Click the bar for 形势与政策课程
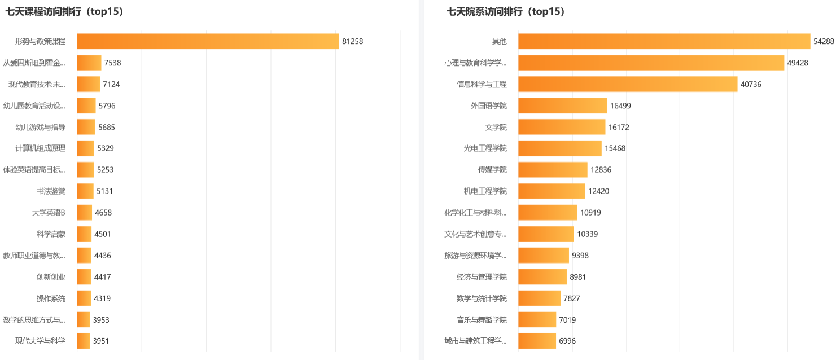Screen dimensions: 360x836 (208, 41)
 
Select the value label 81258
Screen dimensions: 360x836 (352, 41)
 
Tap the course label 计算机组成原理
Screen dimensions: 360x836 (40, 148)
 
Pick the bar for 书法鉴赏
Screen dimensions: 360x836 (85, 191)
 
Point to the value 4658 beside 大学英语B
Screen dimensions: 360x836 (103, 213)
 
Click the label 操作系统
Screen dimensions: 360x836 (51, 298)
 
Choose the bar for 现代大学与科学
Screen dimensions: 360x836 (84, 341)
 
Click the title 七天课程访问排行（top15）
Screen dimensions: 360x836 (64, 11)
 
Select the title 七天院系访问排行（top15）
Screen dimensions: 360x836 (506, 11)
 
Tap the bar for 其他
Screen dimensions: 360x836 (664, 41)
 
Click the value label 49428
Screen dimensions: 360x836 (798, 63)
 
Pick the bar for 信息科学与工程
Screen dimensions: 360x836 (628, 84)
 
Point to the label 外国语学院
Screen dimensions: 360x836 (489, 106)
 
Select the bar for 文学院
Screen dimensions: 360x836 (562, 127)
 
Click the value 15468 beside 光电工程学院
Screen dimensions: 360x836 (615, 148)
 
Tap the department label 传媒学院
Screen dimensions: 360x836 (492, 170)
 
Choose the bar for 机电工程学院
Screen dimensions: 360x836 (552, 191)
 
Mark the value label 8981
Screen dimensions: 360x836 (578, 277)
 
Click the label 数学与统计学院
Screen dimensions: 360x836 (482, 298)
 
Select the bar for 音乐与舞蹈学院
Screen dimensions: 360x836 (537, 320)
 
